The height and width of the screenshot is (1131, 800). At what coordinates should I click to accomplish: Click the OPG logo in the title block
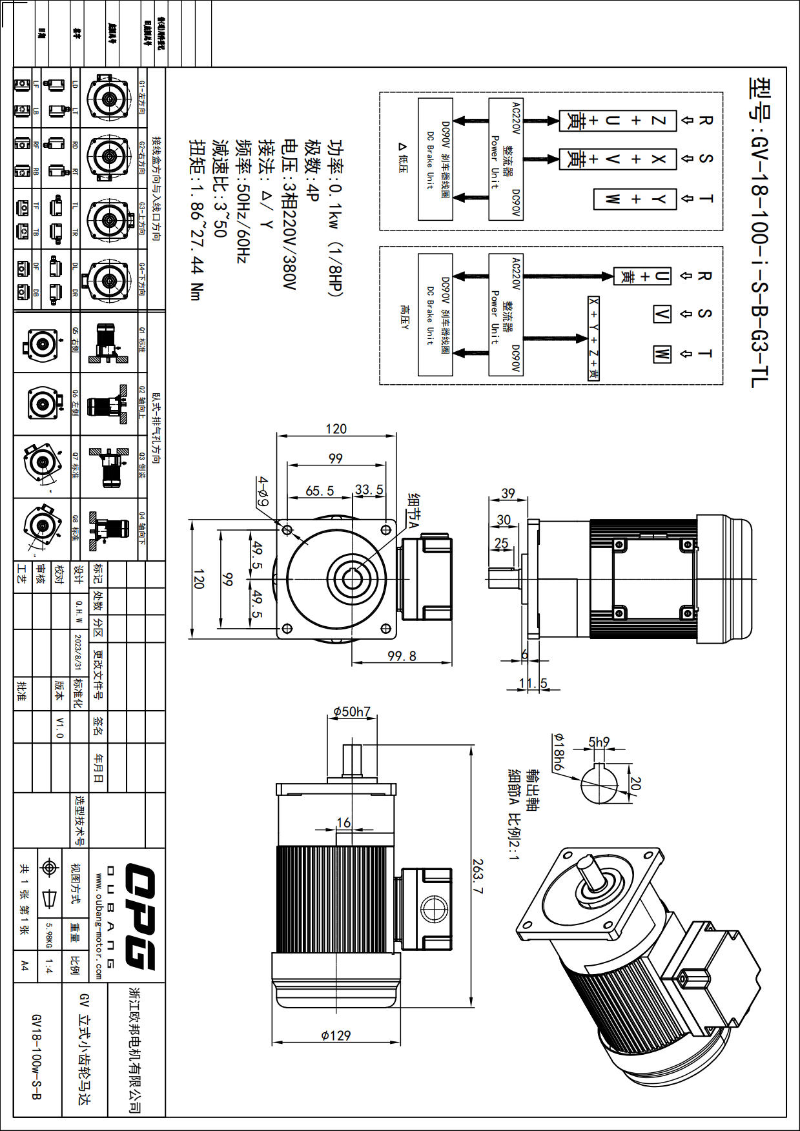139,916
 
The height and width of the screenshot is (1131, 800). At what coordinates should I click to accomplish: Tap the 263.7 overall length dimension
478,876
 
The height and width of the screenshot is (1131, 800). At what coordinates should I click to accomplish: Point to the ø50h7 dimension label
352,712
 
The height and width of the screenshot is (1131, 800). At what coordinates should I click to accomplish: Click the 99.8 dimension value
402,657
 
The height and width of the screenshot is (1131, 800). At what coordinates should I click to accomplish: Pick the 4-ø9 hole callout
263,492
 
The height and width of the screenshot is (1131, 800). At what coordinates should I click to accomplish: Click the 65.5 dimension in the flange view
320,491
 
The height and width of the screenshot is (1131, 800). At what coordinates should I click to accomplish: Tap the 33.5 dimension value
369,490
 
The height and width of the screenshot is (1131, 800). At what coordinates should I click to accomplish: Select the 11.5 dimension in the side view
533,683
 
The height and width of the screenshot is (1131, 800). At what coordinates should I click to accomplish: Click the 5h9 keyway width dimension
599,742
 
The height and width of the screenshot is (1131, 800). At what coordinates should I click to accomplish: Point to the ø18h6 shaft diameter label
557,752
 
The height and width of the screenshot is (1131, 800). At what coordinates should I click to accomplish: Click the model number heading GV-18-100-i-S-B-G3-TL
759,232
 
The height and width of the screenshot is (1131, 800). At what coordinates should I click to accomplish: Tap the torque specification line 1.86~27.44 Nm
196,219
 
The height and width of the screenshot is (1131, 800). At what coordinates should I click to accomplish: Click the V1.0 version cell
59,728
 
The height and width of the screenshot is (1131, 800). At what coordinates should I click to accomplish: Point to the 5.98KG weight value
49,935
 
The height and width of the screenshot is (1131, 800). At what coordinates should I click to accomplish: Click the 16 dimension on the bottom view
344,822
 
